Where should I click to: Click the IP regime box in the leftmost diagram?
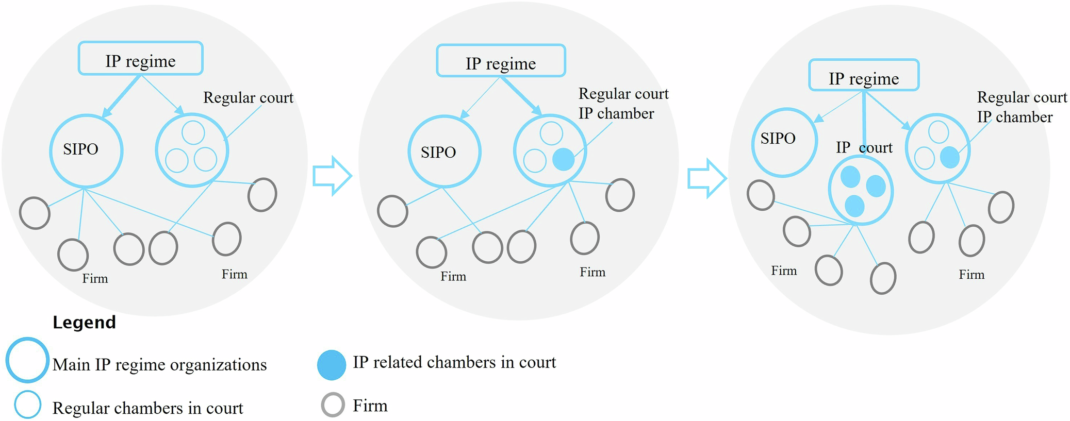[140, 59]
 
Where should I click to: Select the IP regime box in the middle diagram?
[501, 61]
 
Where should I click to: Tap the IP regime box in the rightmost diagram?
[864, 76]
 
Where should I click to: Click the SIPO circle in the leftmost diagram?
[86, 151]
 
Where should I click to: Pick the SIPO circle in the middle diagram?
[444, 152]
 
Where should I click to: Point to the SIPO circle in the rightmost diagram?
[784, 142]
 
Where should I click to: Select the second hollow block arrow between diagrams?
[707, 178]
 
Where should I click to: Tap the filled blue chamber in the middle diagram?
[563, 159]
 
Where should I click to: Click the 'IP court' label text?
[864, 148]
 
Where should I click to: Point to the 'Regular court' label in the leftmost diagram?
[248, 98]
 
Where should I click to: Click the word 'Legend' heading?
[84, 323]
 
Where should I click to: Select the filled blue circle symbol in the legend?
[332, 365]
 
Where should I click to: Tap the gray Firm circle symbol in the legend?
[333, 405]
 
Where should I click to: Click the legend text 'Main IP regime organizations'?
[159, 365]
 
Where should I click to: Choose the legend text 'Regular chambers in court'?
[147, 408]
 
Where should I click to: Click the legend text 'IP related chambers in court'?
[454, 362]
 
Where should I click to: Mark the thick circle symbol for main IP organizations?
[27, 360]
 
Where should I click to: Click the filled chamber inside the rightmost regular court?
[949, 157]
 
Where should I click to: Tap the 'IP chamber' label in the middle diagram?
[616, 114]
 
